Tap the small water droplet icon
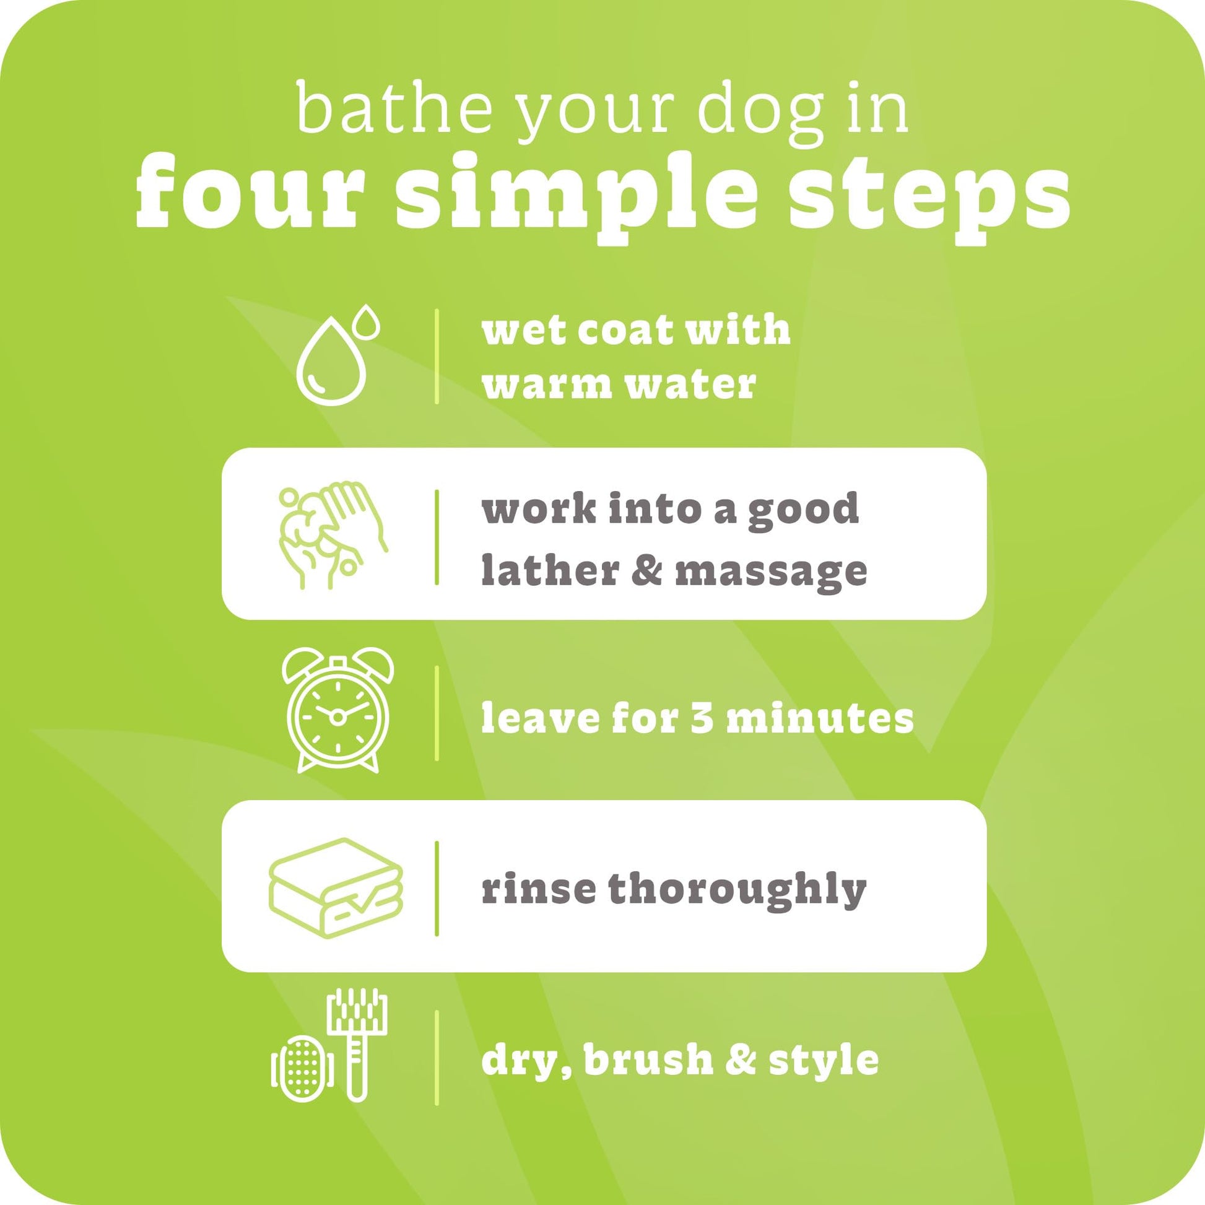[365, 322]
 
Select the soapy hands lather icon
[333, 536]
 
